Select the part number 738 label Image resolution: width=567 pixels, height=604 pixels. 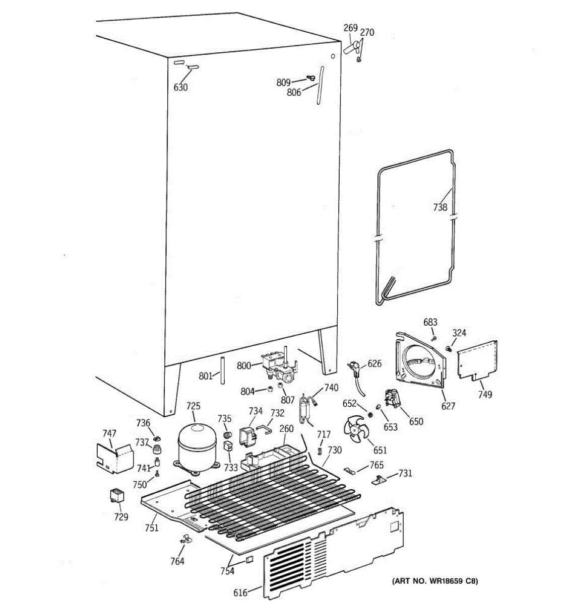(x=440, y=206)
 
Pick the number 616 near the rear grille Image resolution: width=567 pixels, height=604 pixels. (x=240, y=592)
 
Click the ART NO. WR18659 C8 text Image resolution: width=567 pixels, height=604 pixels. (x=434, y=581)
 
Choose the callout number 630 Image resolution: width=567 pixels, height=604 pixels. (x=180, y=88)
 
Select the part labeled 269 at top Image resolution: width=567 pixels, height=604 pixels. (x=351, y=48)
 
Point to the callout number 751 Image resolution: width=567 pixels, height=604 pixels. (x=152, y=527)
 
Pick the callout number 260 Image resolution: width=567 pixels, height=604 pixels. (x=286, y=429)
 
